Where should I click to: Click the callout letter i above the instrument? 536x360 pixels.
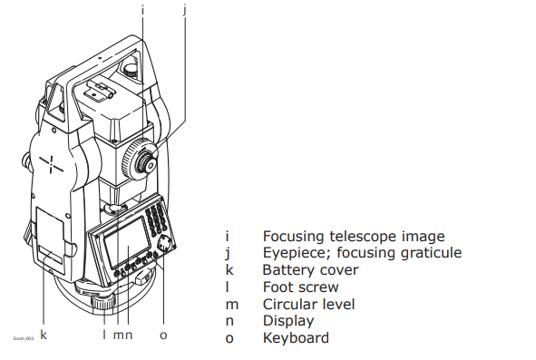[x=142, y=10]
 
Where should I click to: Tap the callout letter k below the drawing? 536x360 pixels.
[x=44, y=335]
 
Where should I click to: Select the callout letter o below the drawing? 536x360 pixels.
[x=163, y=335]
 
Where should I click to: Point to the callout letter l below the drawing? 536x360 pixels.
[x=104, y=335]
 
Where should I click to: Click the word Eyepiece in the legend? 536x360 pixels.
[x=291, y=253]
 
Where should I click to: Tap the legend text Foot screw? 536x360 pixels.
[x=300, y=287]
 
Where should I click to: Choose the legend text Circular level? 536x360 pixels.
[x=308, y=304]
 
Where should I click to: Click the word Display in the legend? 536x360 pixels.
[x=287, y=321]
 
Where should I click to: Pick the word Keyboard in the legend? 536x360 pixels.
[x=296, y=337]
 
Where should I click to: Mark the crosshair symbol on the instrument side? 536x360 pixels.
[x=51, y=164]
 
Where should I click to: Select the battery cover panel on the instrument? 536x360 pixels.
[x=53, y=236]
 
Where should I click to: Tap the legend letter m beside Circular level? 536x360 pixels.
[x=232, y=304]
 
